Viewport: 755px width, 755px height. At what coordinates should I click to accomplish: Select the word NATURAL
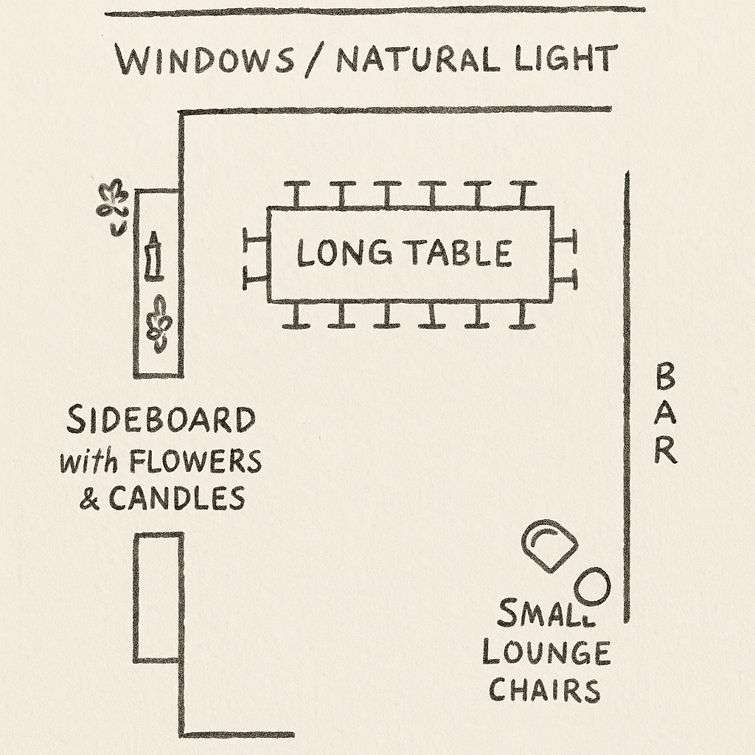420,60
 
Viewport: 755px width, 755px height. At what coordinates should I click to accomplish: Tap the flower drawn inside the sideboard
159,323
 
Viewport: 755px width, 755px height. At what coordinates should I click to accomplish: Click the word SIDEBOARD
161,421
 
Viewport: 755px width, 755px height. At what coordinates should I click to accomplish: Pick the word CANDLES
177,499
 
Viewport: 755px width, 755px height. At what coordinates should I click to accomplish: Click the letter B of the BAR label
665,378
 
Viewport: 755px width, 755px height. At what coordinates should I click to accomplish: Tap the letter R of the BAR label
665,450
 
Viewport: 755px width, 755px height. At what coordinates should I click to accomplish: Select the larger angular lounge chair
549,545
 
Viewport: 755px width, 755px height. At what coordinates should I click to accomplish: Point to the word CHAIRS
545,691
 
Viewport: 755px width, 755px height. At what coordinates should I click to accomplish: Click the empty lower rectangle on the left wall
158,597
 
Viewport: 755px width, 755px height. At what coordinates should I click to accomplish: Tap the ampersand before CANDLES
90,500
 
